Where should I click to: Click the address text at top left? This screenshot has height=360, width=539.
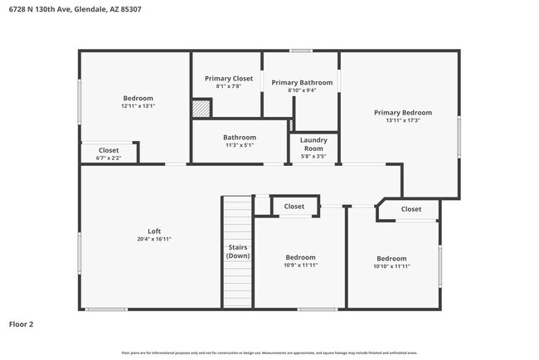tap(63, 9)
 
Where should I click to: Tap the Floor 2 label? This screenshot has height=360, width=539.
tap(22, 324)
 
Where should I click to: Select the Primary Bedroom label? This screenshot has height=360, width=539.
tap(402, 113)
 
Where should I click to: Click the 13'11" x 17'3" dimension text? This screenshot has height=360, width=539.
tap(402, 121)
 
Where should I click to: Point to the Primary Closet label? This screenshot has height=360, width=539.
tap(228, 79)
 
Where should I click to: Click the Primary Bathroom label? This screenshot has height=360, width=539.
tap(302, 82)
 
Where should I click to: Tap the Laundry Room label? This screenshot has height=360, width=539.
tap(313, 144)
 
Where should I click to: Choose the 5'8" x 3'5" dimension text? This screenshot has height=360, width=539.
tap(313, 156)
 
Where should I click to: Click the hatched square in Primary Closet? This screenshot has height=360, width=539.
tap(201, 109)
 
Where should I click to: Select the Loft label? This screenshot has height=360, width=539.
tap(154, 231)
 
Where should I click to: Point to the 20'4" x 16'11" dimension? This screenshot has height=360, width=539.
tap(154, 239)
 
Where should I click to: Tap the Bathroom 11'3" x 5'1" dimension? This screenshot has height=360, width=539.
tap(240, 145)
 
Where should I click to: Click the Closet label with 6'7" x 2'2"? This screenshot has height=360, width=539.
tap(109, 150)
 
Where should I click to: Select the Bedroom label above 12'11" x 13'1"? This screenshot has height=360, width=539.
tap(138, 98)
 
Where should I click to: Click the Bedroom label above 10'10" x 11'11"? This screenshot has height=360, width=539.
tap(391, 258)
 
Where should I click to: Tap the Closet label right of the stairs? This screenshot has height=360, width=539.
tap(294, 207)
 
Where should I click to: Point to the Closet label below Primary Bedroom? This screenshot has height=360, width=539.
tap(411, 209)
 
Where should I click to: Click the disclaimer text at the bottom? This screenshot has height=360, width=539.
tap(269, 353)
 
